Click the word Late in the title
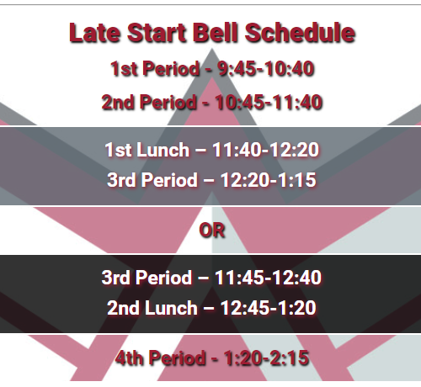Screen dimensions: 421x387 95,33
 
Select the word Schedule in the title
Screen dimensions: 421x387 300,33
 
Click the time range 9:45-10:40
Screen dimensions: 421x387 266,69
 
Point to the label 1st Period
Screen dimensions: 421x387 155,69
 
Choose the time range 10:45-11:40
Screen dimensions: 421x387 269,102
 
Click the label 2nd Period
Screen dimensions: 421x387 149,102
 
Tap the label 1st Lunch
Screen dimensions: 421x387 147,150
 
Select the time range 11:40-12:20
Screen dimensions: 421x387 265,150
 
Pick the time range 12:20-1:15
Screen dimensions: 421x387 269,180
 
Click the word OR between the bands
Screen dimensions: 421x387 212,231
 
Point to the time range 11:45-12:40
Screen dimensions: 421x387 268,278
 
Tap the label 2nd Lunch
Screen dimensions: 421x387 152,308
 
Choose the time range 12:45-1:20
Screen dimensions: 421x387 269,308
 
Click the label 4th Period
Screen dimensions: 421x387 160,358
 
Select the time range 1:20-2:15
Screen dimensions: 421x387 267,358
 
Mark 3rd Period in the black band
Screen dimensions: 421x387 147,278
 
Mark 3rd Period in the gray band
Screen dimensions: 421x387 152,180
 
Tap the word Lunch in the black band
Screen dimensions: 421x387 171,308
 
